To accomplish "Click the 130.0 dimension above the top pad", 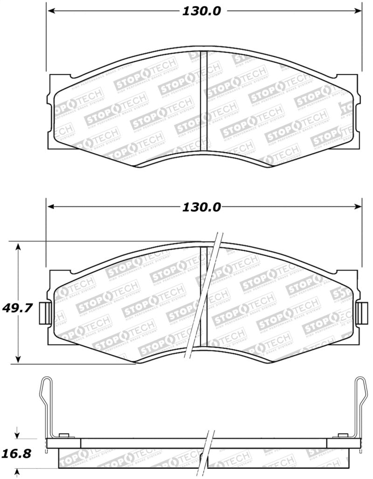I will pyautogui.click(x=201, y=12).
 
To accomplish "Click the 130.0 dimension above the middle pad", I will pyautogui.click(x=201, y=207).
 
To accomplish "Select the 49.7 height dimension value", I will pyautogui.click(x=16, y=308).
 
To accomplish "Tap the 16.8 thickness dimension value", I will pyautogui.click(x=16, y=453).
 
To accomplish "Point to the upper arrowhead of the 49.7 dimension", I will pyautogui.click(x=18, y=246).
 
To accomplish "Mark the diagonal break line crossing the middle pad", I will pyautogui.click(x=202, y=298).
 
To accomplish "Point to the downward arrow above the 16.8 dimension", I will pyautogui.click(x=18, y=435).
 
